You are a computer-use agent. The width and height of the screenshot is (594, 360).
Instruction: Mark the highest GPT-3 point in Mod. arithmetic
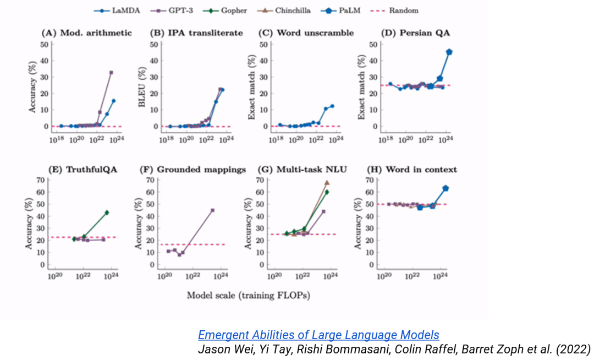click(x=111, y=72)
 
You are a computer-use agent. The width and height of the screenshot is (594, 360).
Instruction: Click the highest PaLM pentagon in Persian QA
click(x=449, y=52)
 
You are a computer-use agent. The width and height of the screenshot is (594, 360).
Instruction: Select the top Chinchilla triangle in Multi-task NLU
click(x=327, y=182)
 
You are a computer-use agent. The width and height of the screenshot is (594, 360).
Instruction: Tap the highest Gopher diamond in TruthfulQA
click(x=107, y=212)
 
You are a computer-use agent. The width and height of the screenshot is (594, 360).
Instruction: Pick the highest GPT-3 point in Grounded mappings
click(x=212, y=210)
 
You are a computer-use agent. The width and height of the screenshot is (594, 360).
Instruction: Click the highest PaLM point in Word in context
click(x=446, y=188)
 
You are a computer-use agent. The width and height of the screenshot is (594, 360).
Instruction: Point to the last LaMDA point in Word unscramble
click(x=332, y=106)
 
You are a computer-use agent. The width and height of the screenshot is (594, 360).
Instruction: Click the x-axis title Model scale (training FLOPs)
click(x=248, y=295)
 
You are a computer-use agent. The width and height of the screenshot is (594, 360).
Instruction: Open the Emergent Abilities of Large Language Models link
click(x=318, y=335)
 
